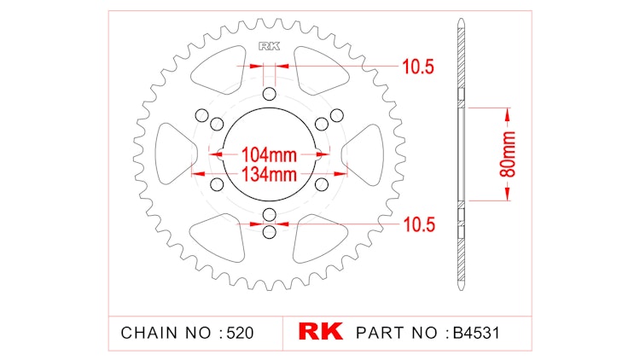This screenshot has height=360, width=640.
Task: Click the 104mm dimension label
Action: (269, 155)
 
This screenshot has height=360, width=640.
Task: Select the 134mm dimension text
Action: (269, 175)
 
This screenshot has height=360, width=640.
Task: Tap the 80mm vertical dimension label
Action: (508, 154)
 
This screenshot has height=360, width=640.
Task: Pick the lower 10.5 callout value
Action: (419, 225)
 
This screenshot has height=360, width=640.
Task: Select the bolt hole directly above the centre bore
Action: (270, 94)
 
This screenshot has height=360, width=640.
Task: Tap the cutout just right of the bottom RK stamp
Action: (319, 240)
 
